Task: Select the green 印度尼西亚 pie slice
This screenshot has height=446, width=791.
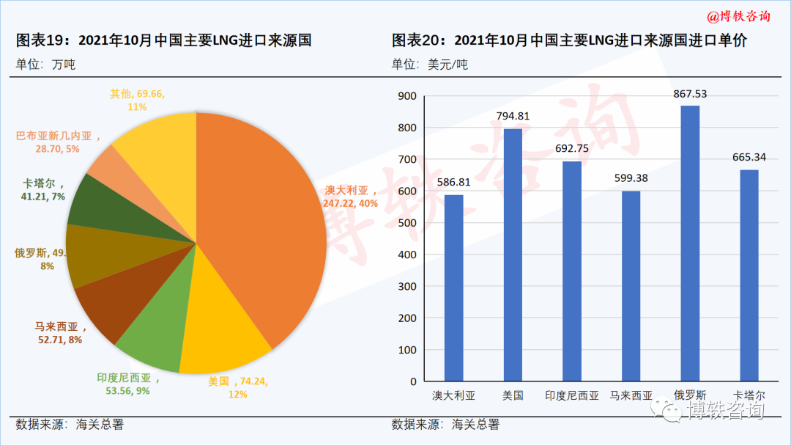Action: click(x=154, y=341)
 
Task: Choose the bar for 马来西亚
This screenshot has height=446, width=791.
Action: click(x=631, y=286)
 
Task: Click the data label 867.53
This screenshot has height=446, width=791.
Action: click(x=690, y=93)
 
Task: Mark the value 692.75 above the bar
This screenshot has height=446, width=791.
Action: click(x=571, y=148)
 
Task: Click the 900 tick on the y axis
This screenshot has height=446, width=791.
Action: click(x=406, y=96)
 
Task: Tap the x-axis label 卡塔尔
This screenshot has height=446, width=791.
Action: click(x=749, y=395)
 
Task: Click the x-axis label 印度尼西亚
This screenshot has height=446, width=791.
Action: click(x=571, y=395)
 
